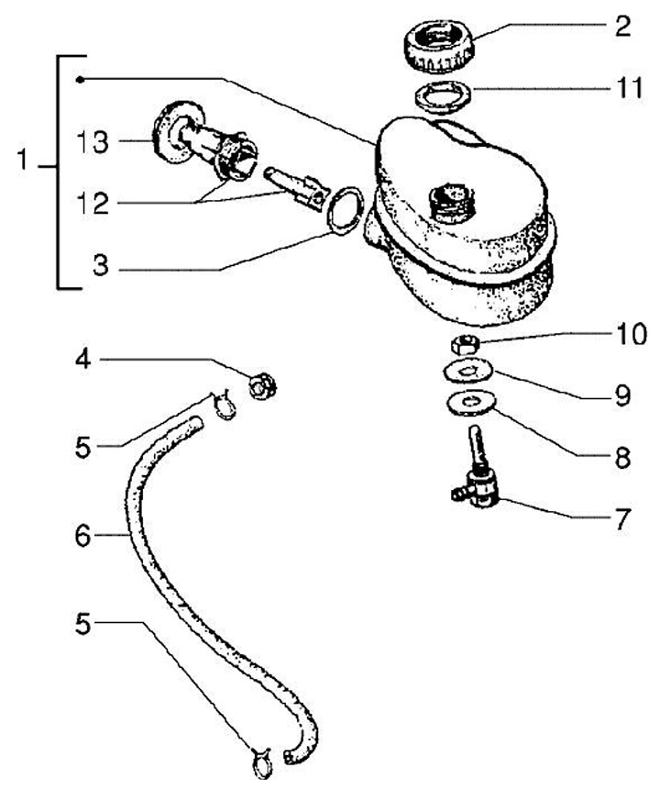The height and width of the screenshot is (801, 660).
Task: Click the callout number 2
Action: pyautogui.click(x=622, y=25)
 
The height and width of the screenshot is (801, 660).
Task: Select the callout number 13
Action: pyautogui.click(x=92, y=142)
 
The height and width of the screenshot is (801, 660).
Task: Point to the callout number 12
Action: pyautogui.click(x=92, y=203)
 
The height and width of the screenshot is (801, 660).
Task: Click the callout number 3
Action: pyautogui.click(x=101, y=269)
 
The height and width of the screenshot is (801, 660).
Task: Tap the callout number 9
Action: pyautogui.click(x=622, y=395)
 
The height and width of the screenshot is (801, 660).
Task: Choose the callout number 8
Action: pyautogui.click(x=622, y=457)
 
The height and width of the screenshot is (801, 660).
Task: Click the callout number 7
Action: pyautogui.click(x=622, y=520)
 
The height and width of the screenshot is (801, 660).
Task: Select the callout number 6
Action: pyautogui.click(x=83, y=534)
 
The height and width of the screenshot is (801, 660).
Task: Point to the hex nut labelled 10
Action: pyautogui.click(x=464, y=345)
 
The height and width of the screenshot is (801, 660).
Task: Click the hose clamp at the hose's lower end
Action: pyautogui.click(x=258, y=761)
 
